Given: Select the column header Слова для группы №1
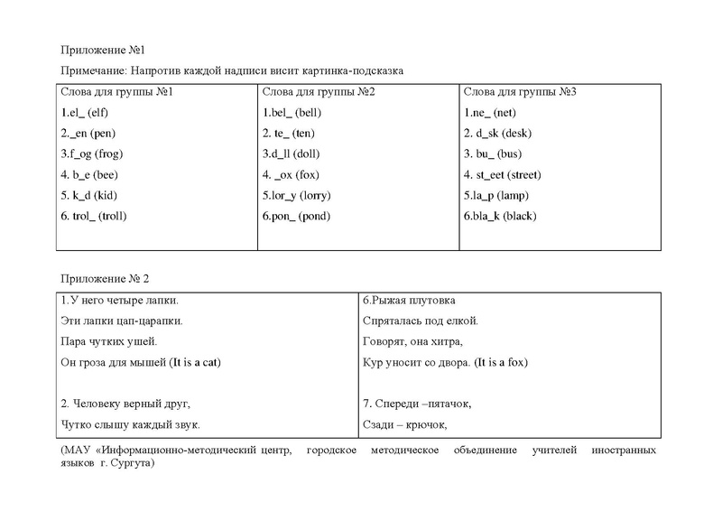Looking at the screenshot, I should tap(116, 91).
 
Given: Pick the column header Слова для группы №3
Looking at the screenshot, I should tap(519, 91).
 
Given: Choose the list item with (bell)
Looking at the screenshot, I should tap(292, 113).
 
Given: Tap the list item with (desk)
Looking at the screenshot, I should tap(497, 134).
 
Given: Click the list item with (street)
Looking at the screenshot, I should tap(503, 175).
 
